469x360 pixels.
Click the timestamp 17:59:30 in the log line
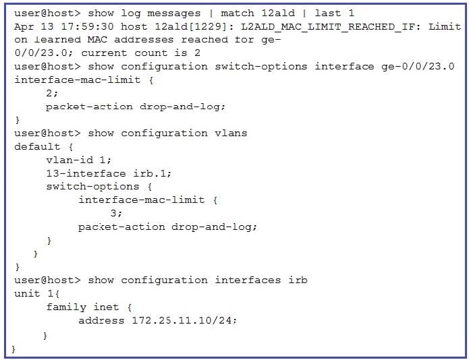click(x=87, y=26)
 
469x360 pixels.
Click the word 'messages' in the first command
click(x=174, y=13)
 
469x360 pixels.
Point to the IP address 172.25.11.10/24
click(x=184, y=321)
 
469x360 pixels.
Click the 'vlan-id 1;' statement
click(x=79, y=160)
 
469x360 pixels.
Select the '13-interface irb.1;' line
click(x=109, y=173)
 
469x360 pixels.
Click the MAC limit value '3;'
click(x=116, y=213)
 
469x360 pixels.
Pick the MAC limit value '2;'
click(x=52, y=93)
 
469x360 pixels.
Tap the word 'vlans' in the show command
click(x=231, y=133)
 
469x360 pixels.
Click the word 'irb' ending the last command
click(x=298, y=280)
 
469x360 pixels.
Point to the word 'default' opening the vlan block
click(x=37, y=146)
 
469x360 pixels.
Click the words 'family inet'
click(x=82, y=307)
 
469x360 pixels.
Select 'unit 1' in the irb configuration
click(x=34, y=293)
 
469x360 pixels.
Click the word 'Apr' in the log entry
click(x=24, y=27)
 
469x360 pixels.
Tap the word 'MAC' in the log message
click(x=97, y=40)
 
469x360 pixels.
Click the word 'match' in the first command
click(x=238, y=13)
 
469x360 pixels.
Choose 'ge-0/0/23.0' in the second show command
click(x=418, y=66)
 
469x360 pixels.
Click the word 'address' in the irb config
click(x=101, y=321)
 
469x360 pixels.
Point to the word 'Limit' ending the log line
click(x=445, y=26)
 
